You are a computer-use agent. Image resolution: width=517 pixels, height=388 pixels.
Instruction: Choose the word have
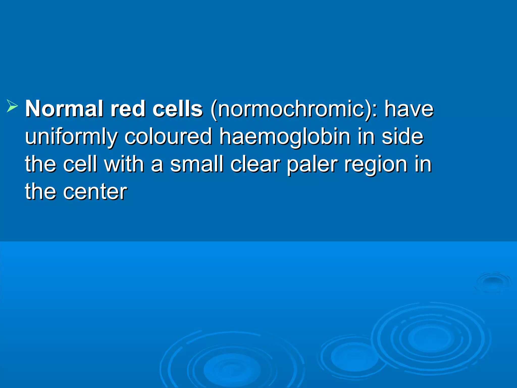click(409, 109)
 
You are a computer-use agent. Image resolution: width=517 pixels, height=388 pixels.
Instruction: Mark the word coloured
click(168, 137)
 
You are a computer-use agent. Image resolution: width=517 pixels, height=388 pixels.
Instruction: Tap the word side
click(402, 137)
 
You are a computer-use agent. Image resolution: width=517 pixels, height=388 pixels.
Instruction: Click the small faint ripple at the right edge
click(492, 282)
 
